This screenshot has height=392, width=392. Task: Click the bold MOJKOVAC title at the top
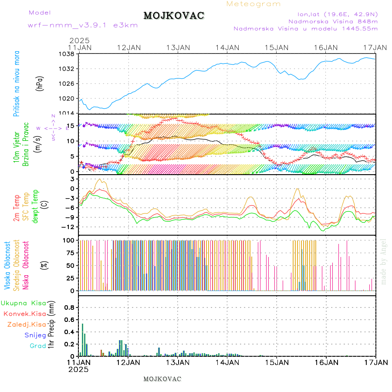(174, 16)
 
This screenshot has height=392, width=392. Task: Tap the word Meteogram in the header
(253, 4)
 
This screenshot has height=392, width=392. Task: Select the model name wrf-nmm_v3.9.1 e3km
(83, 25)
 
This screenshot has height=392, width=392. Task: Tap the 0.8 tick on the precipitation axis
(68, 308)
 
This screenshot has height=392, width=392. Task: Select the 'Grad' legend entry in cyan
(38, 346)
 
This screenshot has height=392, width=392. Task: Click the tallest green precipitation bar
(82, 339)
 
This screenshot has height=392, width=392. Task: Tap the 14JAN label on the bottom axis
(227, 362)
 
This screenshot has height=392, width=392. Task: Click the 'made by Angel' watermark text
(384, 261)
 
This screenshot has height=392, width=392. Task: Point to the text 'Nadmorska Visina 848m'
(333, 21)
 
